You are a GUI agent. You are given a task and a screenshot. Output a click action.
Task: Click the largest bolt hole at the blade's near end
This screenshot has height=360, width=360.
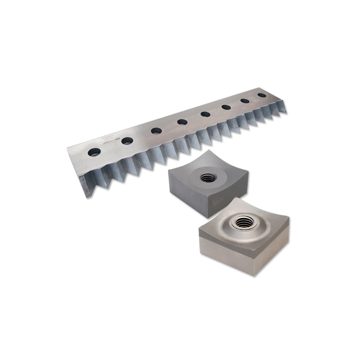[95, 151]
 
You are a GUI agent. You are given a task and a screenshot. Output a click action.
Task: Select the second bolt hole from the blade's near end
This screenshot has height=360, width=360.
[126, 140]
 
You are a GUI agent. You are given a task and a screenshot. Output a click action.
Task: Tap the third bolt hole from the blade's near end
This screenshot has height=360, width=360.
[156, 130]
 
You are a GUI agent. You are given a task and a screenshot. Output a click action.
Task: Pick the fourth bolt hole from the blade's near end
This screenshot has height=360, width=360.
[182, 121]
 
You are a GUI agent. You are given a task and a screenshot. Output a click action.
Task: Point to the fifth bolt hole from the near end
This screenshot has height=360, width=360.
[205, 114]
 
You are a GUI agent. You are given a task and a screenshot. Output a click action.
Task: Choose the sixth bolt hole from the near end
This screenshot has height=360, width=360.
[226, 107]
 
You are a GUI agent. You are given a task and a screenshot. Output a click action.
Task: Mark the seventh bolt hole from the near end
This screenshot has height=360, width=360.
[245, 101]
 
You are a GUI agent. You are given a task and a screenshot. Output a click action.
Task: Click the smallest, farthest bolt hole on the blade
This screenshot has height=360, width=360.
[261, 95]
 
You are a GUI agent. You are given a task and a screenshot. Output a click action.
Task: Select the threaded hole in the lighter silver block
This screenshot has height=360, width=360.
[244, 222]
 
